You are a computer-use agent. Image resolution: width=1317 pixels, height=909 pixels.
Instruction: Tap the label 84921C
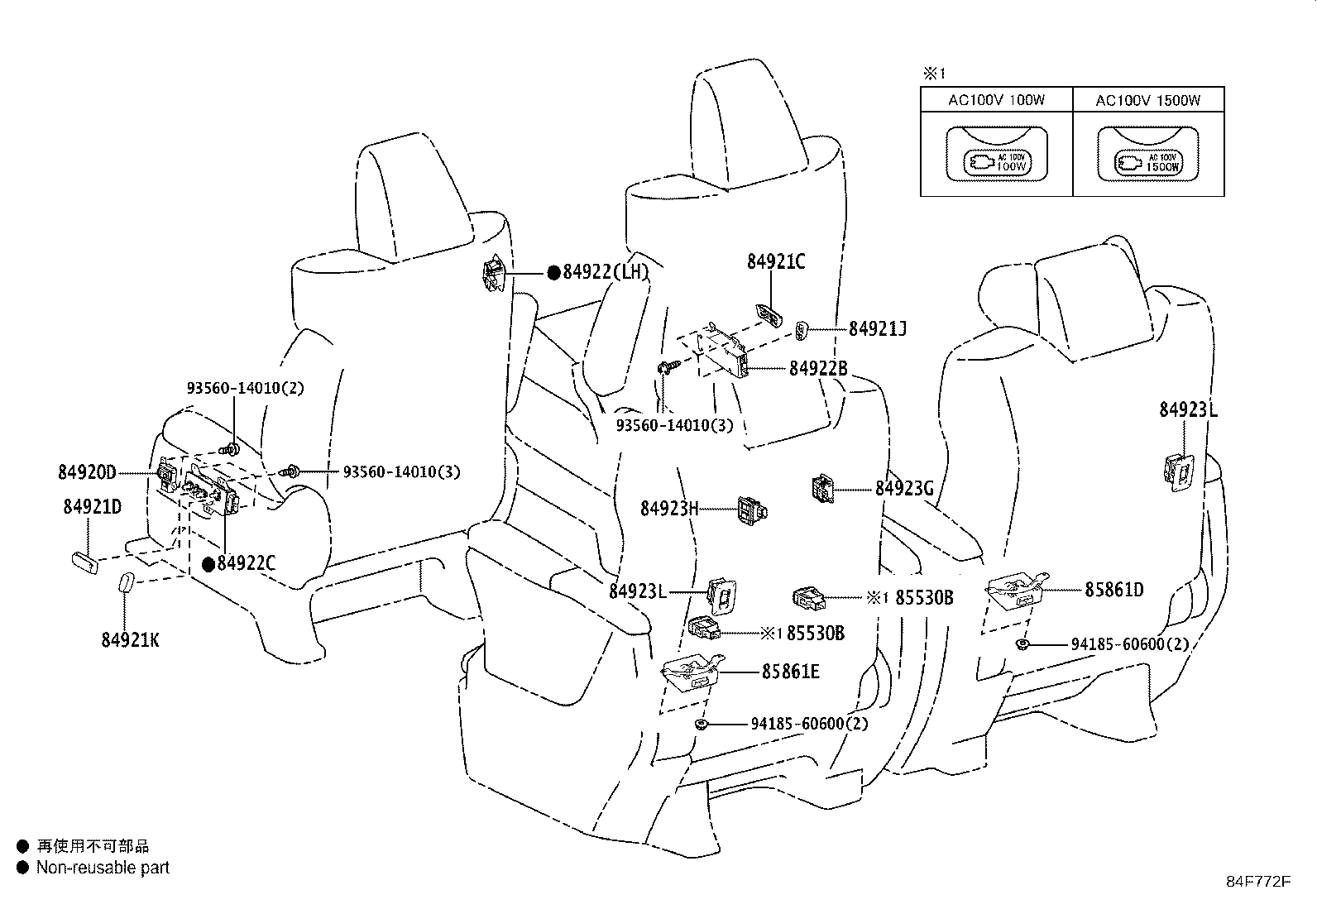click(775, 262)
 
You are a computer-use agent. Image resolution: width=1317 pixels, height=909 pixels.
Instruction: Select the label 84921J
click(878, 329)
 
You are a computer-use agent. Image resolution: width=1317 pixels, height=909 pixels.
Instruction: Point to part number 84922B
click(817, 369)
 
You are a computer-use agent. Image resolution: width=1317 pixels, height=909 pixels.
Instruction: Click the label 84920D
click(87, 472)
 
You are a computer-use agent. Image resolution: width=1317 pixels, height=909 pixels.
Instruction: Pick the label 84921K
click(130, 640)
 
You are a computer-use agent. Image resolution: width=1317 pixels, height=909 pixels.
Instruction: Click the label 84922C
click(246, 564)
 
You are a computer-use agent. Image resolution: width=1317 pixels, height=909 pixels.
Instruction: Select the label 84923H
click(669, 508)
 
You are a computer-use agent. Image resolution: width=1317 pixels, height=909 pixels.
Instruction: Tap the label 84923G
click(904, 489)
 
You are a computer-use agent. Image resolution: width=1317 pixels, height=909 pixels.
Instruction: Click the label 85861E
click(791, 672)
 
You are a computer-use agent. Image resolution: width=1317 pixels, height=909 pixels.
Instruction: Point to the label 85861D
click(1114, 590)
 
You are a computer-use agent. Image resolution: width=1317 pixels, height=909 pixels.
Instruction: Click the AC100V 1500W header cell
click(1148, 101)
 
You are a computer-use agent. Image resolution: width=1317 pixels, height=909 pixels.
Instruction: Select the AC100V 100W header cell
click(996, 101)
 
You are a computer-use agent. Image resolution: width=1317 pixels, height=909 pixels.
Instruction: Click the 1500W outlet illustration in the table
click(1148, 155)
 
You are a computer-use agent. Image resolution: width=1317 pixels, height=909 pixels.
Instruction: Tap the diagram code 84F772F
click(1257, 882)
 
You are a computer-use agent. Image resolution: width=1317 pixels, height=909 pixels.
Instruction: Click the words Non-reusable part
click(103, 868)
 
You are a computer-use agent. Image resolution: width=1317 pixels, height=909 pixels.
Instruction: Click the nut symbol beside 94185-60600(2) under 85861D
click(1023, 643)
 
